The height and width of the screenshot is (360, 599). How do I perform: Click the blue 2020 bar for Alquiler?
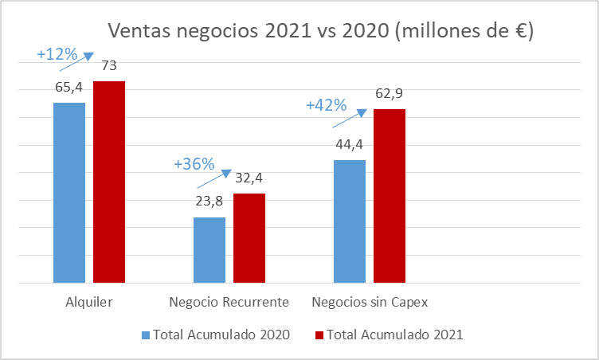click(69, 192)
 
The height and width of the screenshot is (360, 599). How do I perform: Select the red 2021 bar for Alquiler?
click(109, 182)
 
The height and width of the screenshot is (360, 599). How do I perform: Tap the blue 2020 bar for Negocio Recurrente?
click(209, 249)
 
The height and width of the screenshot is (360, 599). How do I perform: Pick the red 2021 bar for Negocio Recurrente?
click(249, 237)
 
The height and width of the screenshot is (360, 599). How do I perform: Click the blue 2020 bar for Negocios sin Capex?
click(350, 221)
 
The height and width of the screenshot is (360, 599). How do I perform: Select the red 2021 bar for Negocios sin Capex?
click(390, 195)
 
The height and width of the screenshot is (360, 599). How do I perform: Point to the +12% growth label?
click(57, 55)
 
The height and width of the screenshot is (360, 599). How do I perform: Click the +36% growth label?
click(194, 164)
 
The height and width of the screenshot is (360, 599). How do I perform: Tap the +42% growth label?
click(327, 105)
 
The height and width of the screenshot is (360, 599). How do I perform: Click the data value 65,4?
click(69, 87)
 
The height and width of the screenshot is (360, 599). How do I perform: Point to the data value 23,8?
click(209, 201)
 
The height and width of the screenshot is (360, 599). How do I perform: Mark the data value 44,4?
click(350, 144)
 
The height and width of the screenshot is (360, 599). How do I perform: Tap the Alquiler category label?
click(89, 303)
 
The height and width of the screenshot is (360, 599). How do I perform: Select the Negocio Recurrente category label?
click(229, 303)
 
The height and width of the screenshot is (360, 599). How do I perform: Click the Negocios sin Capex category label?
click(370, 303)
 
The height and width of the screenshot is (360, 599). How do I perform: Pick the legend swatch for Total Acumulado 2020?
click(145, 335)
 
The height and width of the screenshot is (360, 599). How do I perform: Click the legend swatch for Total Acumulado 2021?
click(321, 335)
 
